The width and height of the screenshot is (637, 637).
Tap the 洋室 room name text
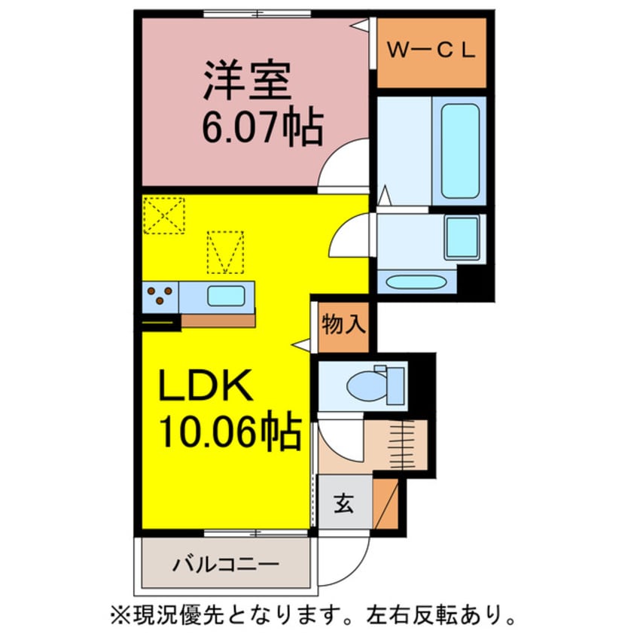[x=247, y=81]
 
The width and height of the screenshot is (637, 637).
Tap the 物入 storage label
[x=343, y=325]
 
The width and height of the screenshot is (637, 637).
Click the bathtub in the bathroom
[x=460, y=151]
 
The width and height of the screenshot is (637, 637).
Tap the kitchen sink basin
[x=226, y=296]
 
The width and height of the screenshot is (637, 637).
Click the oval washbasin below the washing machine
[x=418, y=282]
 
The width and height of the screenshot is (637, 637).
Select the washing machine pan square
[x=462, y=236]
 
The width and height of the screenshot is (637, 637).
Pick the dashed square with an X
[x=163, y=215]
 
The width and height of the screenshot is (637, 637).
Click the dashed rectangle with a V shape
[x=225, y=252]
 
